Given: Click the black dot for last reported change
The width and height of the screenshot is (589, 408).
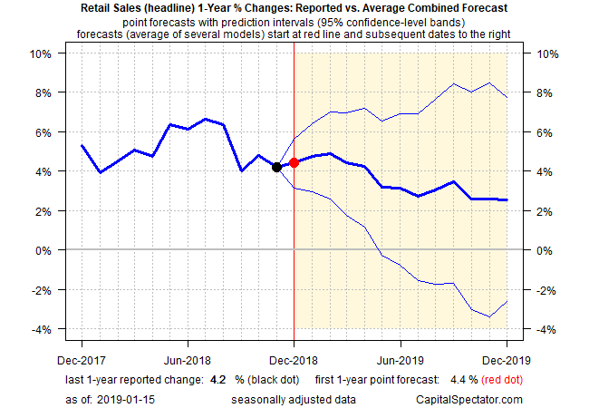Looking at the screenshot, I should [276, 167].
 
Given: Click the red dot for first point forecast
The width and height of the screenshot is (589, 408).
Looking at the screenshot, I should [294, 163].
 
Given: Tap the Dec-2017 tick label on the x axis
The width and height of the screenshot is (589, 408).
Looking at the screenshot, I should [82, 345].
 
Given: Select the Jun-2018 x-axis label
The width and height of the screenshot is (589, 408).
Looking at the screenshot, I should [188, 345].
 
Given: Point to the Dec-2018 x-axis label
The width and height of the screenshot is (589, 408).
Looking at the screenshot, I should [294, 345].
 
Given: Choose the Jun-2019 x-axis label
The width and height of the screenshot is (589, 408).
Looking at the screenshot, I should [400, 345].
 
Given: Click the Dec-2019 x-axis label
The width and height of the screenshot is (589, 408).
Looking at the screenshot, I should [506, 345].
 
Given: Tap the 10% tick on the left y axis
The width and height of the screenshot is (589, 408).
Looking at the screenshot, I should [41, 53].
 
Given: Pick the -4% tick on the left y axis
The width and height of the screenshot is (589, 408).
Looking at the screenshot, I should [41, 329].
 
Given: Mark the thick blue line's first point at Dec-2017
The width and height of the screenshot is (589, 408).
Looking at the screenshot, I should [82, 145].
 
